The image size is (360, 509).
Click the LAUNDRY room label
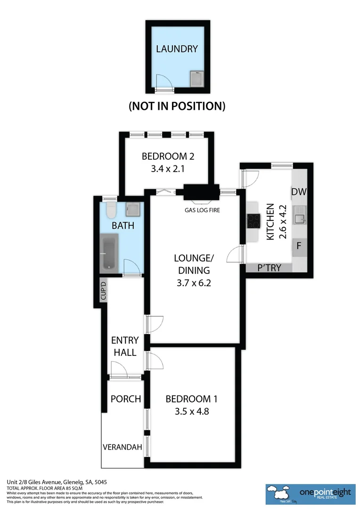coord(177,49)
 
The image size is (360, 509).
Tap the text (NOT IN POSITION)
coord(177,106)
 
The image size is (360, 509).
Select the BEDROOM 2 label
coord(168,156)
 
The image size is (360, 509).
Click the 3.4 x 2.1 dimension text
coord(168,168)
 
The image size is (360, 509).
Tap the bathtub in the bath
coord(109,254)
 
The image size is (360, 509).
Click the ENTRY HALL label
coord(125,346)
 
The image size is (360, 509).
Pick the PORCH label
coord(126,399)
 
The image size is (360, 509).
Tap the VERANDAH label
coord(123,447)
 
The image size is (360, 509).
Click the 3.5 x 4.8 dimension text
coord(191,411)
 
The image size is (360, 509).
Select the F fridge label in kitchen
coord(299,246)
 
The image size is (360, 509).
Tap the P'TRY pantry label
coord(269,268)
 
